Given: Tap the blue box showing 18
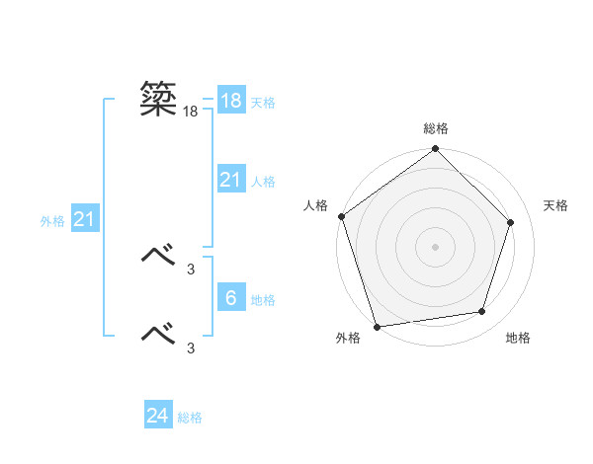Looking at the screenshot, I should point(230,101).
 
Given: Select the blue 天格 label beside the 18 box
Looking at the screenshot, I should point(263,103).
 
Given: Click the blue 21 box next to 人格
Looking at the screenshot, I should point(230,180).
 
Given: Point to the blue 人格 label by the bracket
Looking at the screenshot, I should point(263,182).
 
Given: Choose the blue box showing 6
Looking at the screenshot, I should point(230,298).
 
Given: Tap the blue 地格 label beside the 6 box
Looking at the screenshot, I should point(263,300).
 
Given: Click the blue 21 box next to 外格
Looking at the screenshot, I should point(84,219).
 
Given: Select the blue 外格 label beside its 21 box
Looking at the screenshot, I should point(52,221).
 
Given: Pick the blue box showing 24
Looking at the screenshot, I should point(158,416).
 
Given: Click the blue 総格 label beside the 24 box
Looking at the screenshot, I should point(191,418).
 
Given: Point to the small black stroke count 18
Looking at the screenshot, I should point(191,113).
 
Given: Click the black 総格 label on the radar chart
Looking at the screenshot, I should point(436,128).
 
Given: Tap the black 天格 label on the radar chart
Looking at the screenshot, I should point(555,205).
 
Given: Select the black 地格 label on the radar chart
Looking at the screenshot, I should point(518,338).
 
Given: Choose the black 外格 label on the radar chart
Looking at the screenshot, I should point(348,338).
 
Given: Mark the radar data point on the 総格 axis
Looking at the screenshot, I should point(436,150).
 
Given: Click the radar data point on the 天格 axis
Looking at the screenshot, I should point(511,222).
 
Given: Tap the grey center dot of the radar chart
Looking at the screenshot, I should point(436,246).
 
